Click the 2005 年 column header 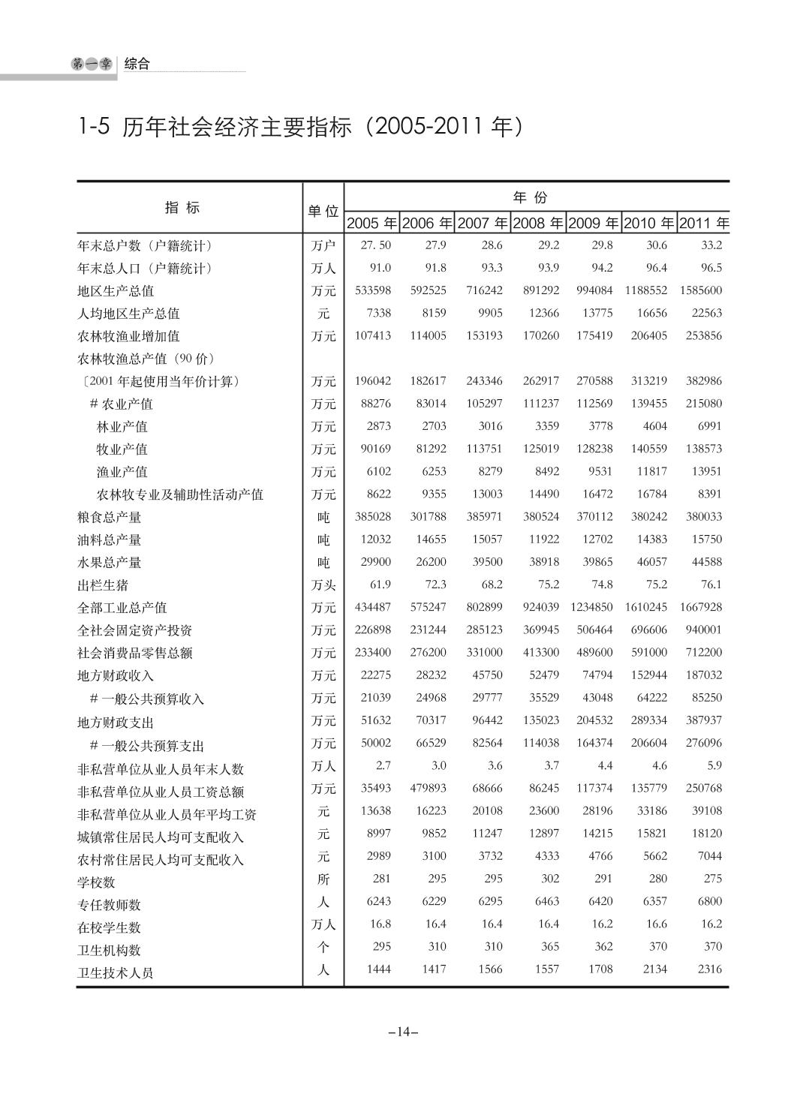coord(371,224)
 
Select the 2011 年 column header coord(703,224)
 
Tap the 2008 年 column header coord(537,224)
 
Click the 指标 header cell coord(182,208)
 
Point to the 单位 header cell coord(323,212)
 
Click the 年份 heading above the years coord(531,197)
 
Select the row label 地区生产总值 coord(116,291)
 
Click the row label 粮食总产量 coord(110,518)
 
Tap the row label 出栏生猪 coord(103,585)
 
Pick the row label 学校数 coord(97,882)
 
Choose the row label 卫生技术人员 coord(116,973)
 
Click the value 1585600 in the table coord(701,290)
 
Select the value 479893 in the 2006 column coord(428,789)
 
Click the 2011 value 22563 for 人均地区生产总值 coord(706,313)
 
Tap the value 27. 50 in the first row coord(376,245)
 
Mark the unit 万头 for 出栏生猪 coord(323,585)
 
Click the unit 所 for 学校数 coord(323,879)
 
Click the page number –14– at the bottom coord(403,1032)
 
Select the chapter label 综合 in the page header coord(137,64)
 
